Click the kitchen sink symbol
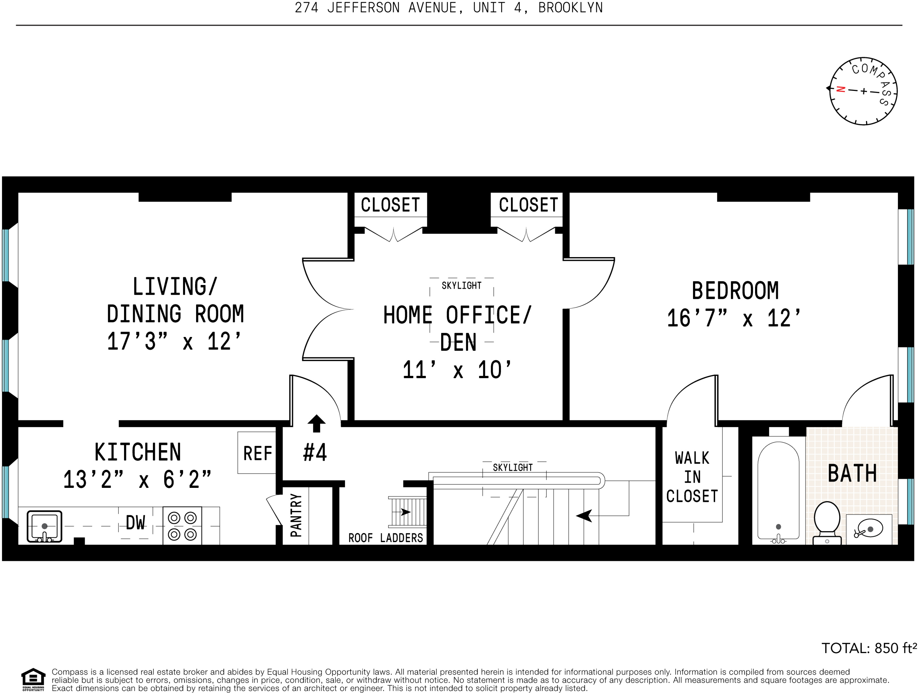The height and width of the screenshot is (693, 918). point(44,526)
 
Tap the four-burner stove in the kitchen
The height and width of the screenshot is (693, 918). point(182,526)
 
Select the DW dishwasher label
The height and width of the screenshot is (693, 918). point(136,523)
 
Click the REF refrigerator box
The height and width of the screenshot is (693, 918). point(257,453)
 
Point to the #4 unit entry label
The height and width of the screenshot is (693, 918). point(315,452)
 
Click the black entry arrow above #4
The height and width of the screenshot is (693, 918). point(316,423)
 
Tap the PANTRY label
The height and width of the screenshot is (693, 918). point(296,515)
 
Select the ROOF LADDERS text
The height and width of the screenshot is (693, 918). point(386,538)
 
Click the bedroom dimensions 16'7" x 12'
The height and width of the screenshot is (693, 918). point(734,319)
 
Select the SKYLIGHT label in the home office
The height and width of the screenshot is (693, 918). point(462,286)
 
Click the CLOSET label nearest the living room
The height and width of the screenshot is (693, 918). point(390,205)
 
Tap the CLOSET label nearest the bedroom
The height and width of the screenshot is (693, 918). point(528,205)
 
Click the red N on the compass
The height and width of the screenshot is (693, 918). point(841,89)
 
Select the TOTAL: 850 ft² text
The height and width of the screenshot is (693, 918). point(869,648)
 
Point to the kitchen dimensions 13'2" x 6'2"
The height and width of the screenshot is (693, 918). point(137,480)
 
